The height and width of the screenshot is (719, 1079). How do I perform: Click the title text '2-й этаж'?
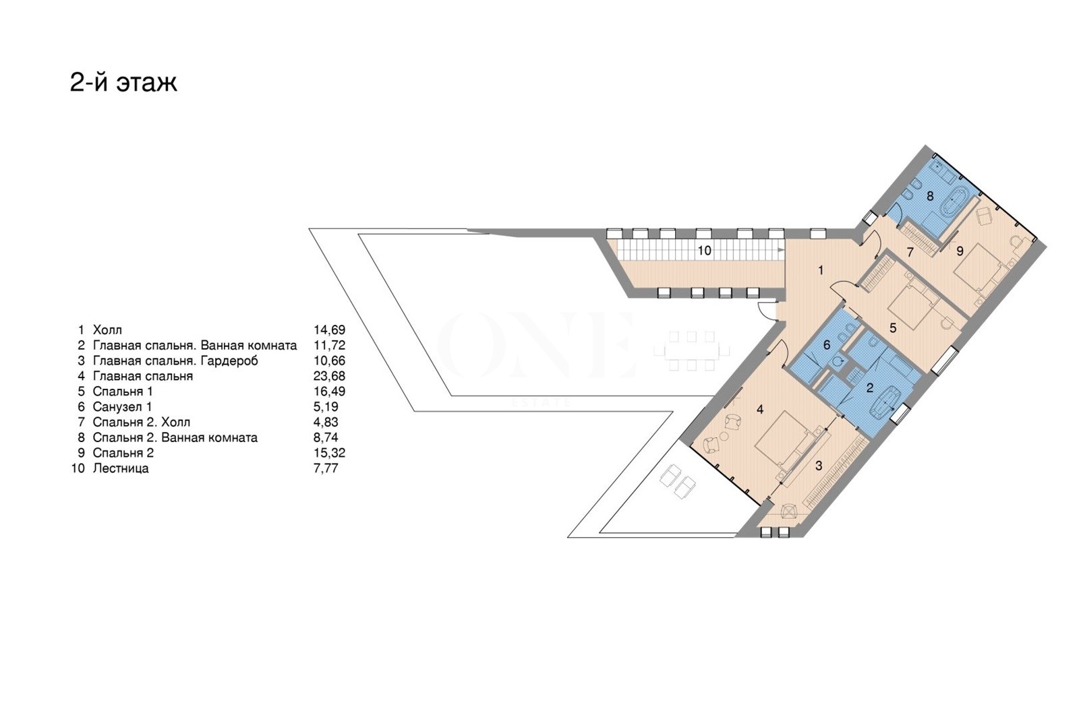click(123, 83)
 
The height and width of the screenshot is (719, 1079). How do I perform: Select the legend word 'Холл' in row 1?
click(107, 330)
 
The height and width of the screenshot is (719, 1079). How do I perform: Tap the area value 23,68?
click(330, 376)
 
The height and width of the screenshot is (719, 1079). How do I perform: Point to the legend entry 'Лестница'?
click(121, 468)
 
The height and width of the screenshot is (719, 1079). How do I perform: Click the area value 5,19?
click(326, 406)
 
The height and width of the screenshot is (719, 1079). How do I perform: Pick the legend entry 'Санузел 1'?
click(122, 406)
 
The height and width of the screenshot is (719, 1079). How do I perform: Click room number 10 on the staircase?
click(704, 251)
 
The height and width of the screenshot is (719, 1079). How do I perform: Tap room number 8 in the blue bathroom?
click(930, 196)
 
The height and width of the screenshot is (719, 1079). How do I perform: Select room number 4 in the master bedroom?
click(760, 410)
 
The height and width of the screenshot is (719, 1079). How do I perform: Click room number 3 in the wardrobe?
click(819, 466)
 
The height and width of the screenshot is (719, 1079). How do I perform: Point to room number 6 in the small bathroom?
click(827, 345)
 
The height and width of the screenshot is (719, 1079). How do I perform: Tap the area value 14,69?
click(330, 330)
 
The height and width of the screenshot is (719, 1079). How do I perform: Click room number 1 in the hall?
click(821, 270)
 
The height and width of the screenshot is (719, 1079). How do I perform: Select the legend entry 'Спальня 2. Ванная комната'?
click(175, 437)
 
